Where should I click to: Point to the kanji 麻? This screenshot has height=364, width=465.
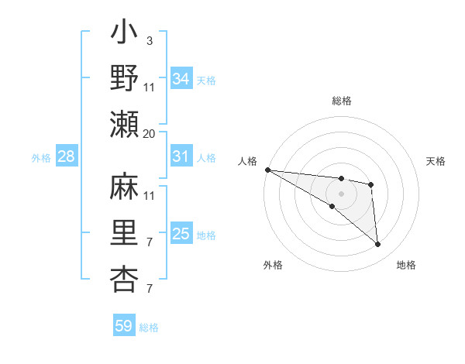pos(125,191)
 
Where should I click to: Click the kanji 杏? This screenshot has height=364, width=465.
pos(125,280)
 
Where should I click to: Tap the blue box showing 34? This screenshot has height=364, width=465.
pos(181,78)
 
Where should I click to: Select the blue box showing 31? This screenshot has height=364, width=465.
pos(181,156)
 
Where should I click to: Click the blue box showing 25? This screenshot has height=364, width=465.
pos(181,234)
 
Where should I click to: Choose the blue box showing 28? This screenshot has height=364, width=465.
pos(67,157)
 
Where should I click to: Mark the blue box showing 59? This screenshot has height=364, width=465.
pos(124,326)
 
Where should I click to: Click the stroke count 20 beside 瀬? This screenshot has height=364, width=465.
pos(150,133)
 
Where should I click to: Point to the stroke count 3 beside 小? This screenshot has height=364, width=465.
pos(149,39)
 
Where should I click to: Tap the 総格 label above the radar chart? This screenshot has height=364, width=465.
pos(342,101)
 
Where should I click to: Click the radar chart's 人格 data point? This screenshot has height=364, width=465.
pos(267,170)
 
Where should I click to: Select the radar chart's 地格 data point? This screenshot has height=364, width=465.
pos(378,245)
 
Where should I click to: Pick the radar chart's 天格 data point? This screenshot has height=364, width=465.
pos(371,184)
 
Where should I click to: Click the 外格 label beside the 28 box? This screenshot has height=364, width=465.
pos(41,158)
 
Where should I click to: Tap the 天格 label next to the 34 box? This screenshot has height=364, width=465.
pos(206,80)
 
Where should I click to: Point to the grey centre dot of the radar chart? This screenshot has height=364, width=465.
pos(341,192)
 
